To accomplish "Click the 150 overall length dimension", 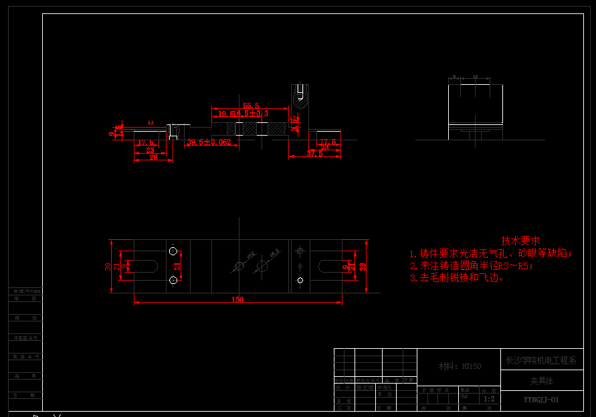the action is (237, 299).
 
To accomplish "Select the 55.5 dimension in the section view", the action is (252, 106).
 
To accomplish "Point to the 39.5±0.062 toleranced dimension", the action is (209, 142).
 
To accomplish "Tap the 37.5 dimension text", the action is (314, 154).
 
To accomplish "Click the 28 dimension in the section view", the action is (153, 158).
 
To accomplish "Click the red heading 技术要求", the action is (521, 241).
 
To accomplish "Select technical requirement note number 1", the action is (492, 254).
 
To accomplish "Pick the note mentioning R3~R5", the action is (472, 266).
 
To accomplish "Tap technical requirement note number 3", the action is (458, 277).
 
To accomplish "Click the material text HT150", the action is (460, 366).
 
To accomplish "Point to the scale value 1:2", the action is (490, 399).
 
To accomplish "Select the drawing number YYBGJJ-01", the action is (540, 400).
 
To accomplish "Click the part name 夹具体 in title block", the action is (542, 380).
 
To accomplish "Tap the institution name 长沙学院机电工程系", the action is (540, 360).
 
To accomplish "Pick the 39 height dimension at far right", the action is (363, 266).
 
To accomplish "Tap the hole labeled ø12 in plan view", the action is (239, 267).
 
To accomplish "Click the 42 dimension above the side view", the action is (476, 78).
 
